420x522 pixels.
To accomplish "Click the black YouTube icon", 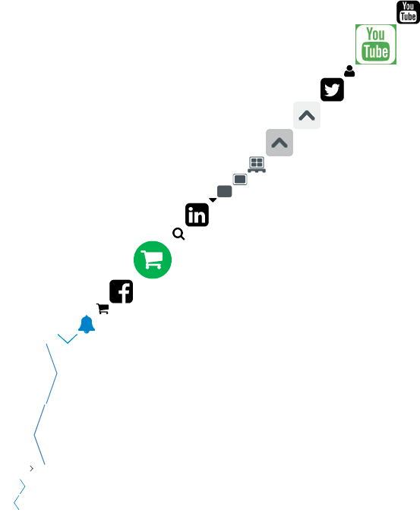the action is tap(408, 12).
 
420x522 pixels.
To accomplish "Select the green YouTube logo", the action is tap(376, 44).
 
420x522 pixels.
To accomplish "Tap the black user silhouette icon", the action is tap(349, 71).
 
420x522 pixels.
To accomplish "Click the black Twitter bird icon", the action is tap(332, 90).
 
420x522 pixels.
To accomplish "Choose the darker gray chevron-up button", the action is tap(279, 143).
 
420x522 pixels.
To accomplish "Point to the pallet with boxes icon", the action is tap(257, 165).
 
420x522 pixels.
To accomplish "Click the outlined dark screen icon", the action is tap(240, 179).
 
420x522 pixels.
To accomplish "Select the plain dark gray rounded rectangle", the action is tap(224, 191).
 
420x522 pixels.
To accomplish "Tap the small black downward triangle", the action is tap(213, 200).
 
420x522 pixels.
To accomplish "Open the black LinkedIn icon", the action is tap(197, 215).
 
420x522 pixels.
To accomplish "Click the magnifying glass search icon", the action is tap(178, 234).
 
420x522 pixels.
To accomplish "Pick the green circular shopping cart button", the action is tap(153, 259).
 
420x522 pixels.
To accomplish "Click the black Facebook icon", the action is tap(121, 291).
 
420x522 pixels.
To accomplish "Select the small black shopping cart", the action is tap(103, 309).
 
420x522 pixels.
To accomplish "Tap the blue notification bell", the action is tap(87, 324).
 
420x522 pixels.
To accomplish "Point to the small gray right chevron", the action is tap(32, 469).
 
